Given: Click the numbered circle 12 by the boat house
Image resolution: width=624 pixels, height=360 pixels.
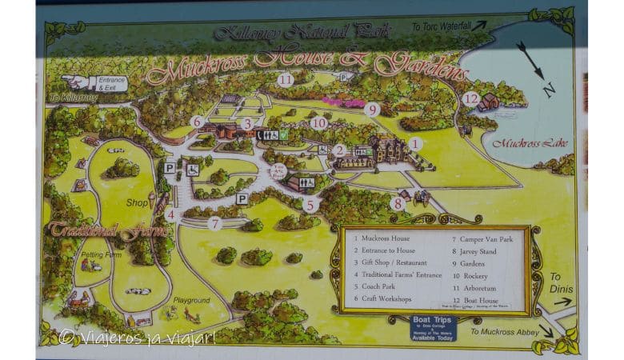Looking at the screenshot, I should [x=471, y=99].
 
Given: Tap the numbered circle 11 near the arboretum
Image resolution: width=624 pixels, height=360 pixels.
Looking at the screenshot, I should [x=286, y=79].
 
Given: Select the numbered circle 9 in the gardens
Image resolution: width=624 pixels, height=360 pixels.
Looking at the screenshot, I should [x=370, y=110].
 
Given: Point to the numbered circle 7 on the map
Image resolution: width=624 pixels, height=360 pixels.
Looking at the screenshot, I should [x=214, y=223].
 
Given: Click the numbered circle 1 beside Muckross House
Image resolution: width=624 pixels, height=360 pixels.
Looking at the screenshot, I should [x=414, y=144].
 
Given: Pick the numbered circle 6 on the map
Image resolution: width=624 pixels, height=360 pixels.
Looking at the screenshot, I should [x=197, y=122].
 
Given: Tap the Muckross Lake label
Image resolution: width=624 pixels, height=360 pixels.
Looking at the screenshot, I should [x=518, y=143].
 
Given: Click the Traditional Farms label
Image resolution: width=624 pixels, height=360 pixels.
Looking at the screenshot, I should [x=108, y=231].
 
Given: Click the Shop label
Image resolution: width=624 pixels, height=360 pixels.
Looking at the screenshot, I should [x=138, y=202].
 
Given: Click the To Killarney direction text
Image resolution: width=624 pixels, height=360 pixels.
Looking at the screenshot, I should [x=73, y=98].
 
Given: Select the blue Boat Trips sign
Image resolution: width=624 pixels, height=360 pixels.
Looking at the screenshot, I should [x=434, y=326].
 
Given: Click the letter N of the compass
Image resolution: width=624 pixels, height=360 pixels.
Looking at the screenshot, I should [x=549, y=90].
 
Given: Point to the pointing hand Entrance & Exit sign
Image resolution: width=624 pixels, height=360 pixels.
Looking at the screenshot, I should [x=94, y=82].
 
